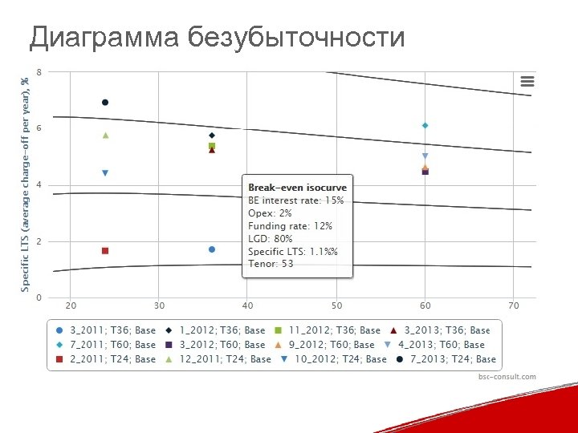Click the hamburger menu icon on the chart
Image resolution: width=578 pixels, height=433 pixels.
[527, 80]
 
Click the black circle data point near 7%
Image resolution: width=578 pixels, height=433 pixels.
[105, 103]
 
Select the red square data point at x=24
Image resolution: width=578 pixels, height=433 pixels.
[105, 251]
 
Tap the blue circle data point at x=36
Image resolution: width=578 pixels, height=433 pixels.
[212, 249]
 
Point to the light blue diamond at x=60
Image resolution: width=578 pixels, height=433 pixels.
[425, 125]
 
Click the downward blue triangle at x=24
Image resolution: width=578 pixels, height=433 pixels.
[105, 173]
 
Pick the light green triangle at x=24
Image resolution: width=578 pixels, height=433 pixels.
[105, 136]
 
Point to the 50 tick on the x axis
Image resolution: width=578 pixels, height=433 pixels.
[336, 306]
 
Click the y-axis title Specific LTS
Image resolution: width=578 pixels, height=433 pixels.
[25, 184]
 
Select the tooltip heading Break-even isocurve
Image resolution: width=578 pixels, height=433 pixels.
[297, 188]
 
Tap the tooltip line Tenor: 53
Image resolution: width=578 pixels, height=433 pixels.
[271, 264]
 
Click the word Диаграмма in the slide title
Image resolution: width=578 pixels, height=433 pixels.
[104, 37]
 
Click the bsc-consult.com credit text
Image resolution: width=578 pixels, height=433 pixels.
[507, 377]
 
